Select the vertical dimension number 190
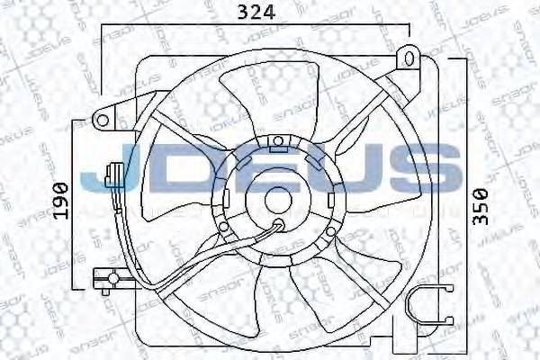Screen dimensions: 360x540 coord(60,200)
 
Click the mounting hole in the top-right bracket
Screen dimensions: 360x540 coord(409,59)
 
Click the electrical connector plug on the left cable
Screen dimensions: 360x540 coord(113,174)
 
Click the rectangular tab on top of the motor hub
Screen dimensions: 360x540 coord(279,140)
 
